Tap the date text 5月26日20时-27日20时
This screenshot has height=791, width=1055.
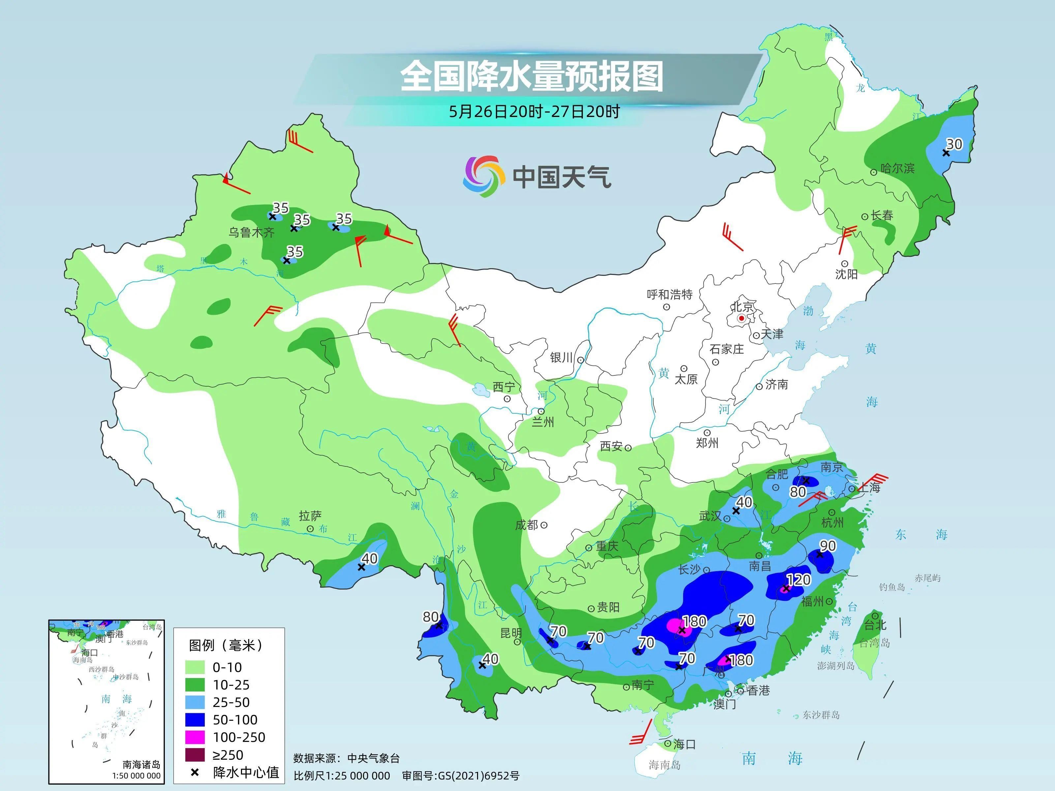click(534, 112)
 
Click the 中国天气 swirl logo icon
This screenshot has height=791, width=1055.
click(484, 176)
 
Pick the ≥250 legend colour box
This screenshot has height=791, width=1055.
click(195, 755)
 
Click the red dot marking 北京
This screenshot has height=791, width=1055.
click(742, 318)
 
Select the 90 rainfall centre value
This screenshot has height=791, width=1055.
click(828, 546)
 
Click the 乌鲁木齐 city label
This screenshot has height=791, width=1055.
click(251, 233)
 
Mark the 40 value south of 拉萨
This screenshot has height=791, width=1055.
click(369, 558)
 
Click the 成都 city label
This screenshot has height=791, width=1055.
click(527, 525)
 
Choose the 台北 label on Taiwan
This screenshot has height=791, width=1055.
click(875, 625)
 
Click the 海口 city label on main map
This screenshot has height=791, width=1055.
click(684, 744)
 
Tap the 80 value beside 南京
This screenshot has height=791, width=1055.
click(798, 492)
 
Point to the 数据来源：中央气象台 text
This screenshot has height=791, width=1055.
click(346, 758)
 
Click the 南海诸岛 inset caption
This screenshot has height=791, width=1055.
click(141, 765)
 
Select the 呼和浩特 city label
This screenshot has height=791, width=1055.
click(669, 295)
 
